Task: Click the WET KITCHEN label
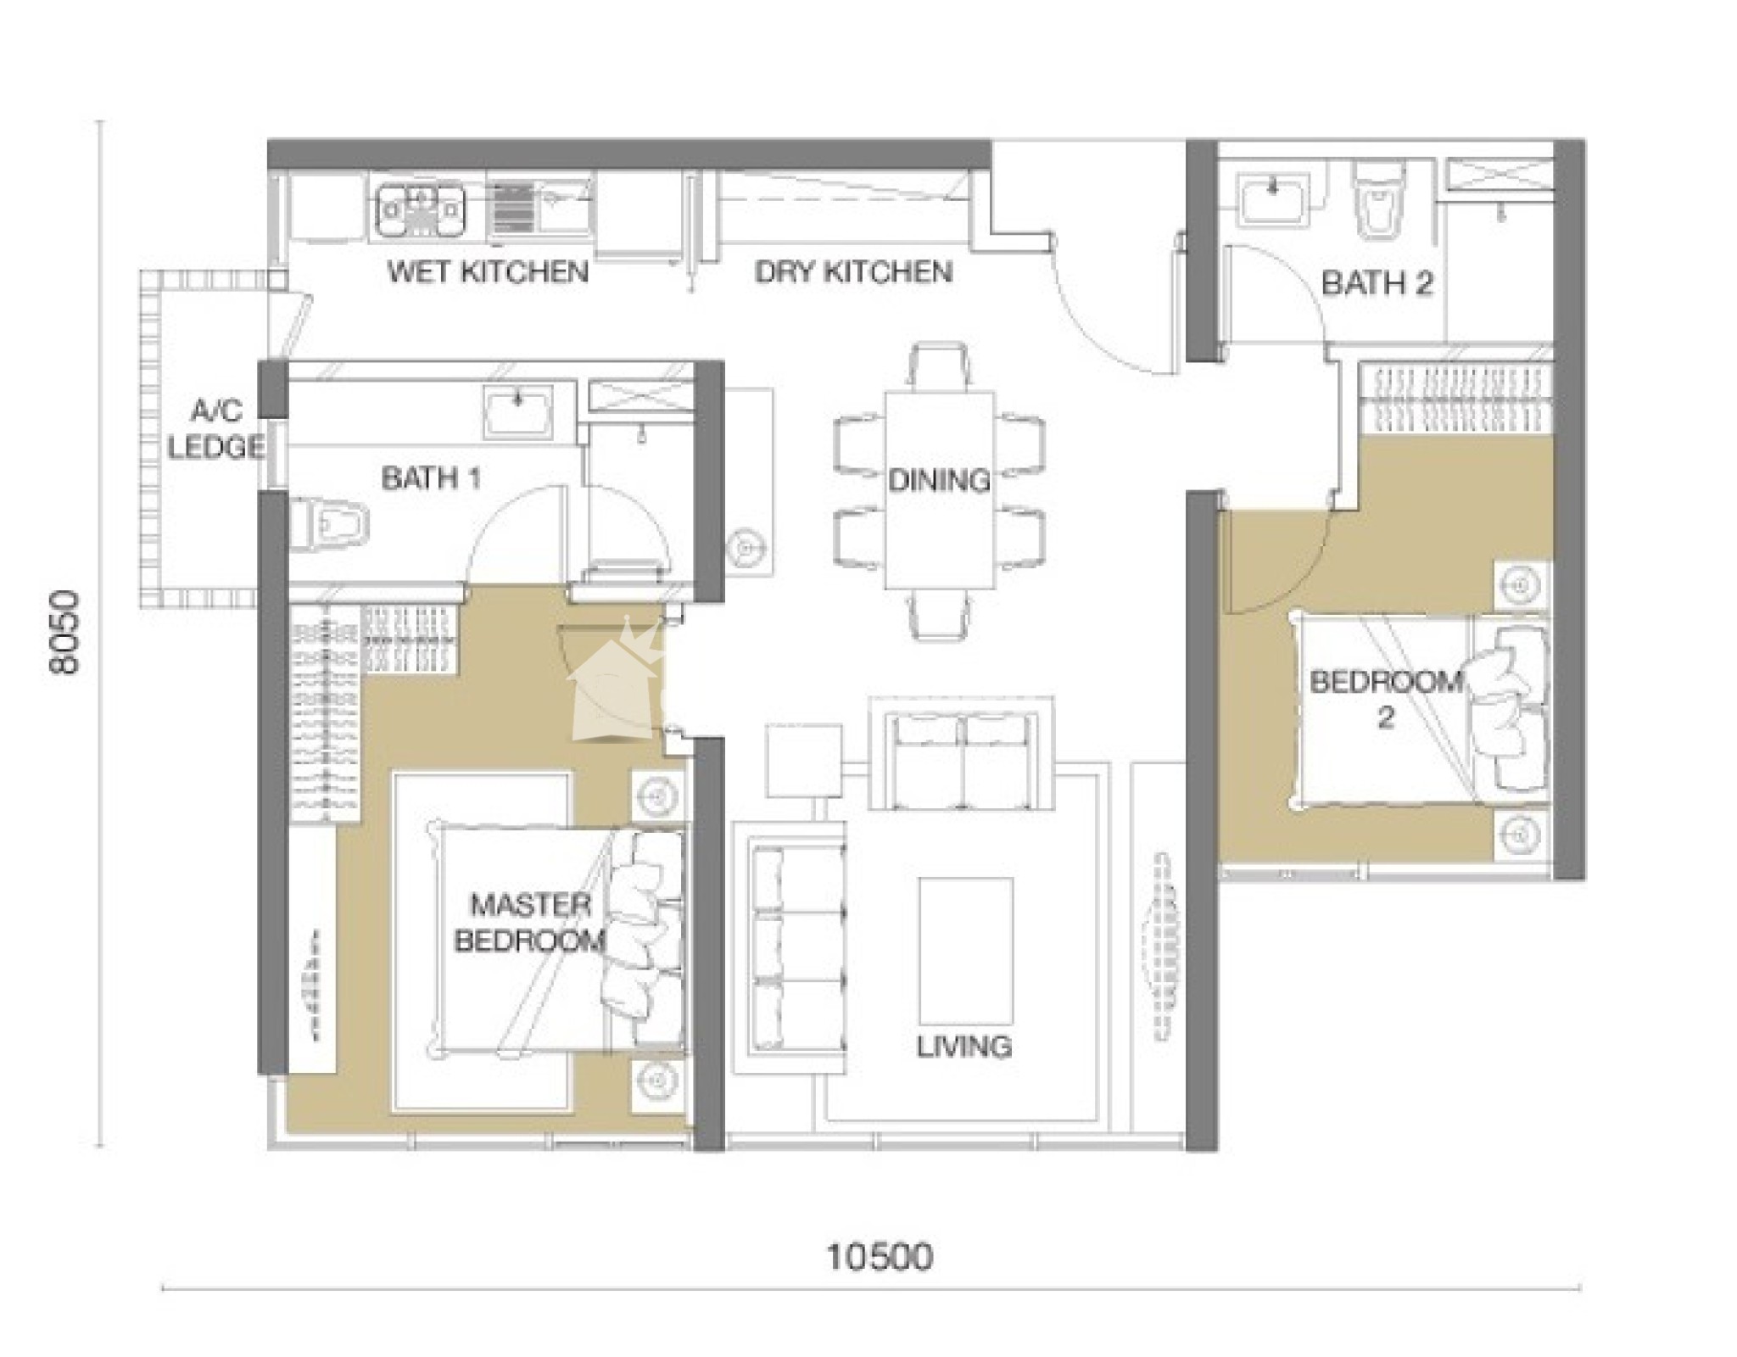pos(488,271)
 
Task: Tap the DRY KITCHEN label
pos(853,271)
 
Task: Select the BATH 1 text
pos(432,478)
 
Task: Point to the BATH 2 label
pos(1377,283)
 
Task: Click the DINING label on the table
pos(939,481)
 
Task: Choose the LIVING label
pos(964,1047)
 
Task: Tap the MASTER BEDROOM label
pos(530,923)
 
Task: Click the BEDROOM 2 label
pos(1386,699)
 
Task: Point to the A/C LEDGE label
pos(215,429)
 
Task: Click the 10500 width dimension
pos(880,1256)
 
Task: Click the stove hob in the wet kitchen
pos(421,209)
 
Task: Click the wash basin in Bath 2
pos(1271,200)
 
